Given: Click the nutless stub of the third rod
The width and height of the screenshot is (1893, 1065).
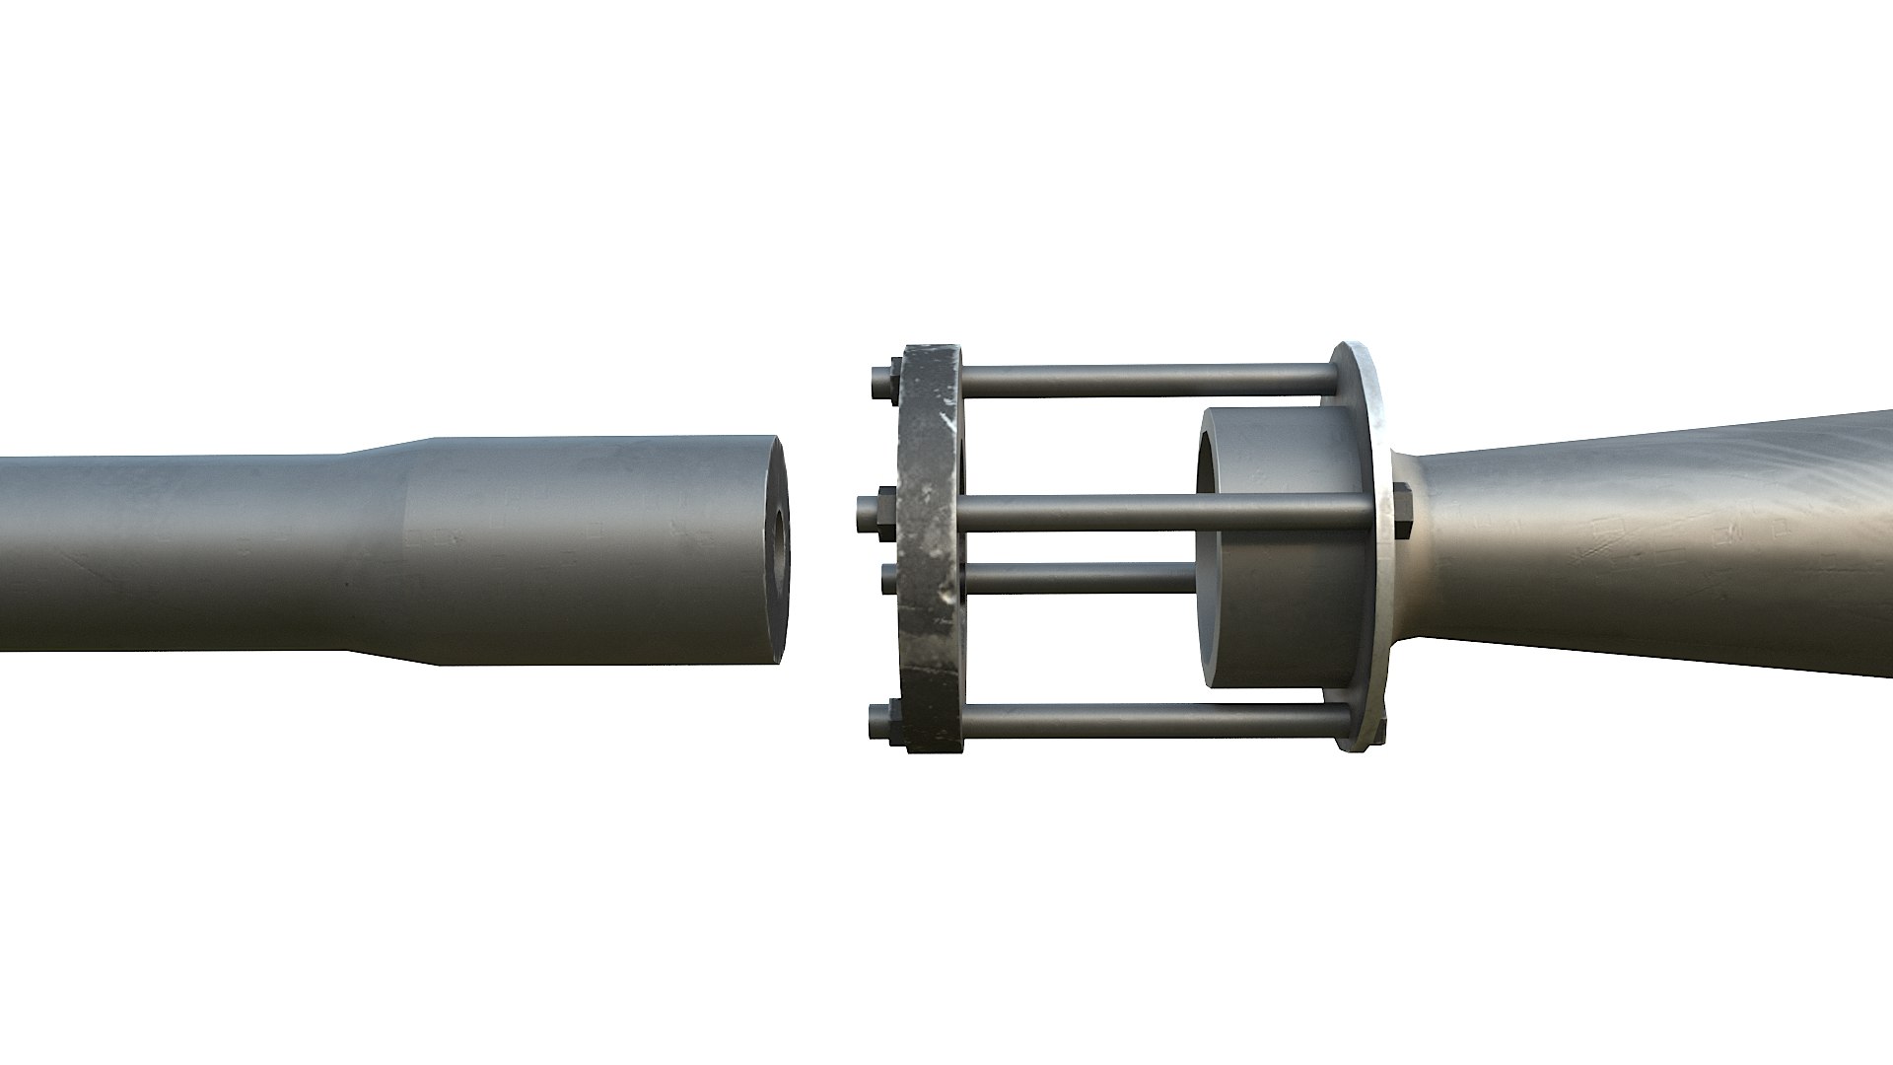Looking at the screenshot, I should coord(888,578).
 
